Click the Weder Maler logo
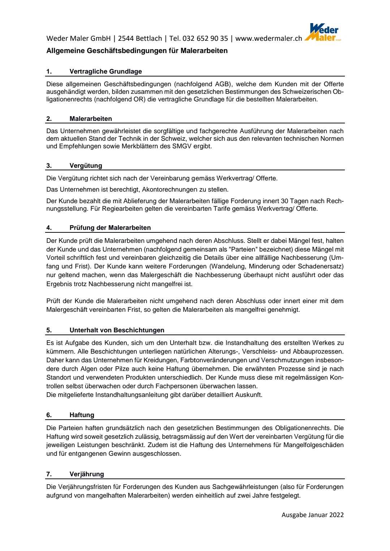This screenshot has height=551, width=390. click(323, 32)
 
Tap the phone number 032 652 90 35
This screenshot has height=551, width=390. click(205, 39)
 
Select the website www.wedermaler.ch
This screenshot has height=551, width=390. click(269, 39)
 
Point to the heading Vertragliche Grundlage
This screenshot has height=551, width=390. click(105, 71)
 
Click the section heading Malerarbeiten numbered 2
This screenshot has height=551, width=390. click(91, 119)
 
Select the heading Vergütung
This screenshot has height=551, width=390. click(86, 166)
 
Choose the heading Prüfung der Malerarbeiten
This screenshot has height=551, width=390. click(110, 228)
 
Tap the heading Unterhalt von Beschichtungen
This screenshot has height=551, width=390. click(117, 330)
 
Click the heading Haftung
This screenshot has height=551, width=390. click(82, 415)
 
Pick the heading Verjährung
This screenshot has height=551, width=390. click(87, 474)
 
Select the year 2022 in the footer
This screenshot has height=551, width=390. click(336, 515)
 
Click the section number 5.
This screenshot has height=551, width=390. click(49, 330)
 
